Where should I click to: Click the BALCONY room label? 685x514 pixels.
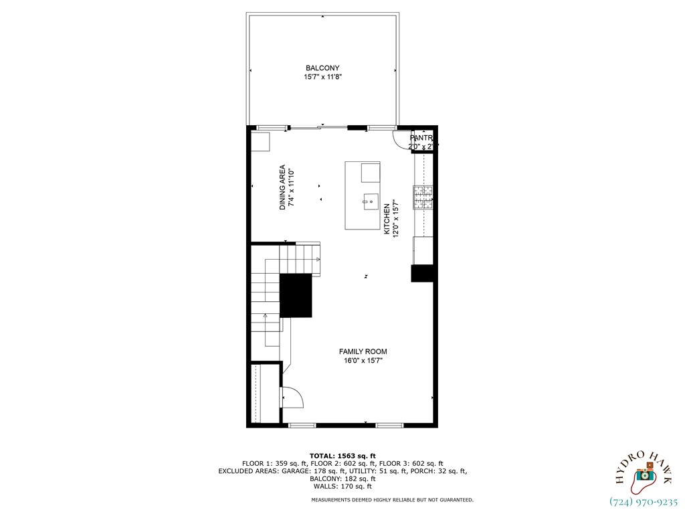pyautogui.click(x=322, y=68)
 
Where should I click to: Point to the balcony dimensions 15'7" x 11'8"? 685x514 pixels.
pyautogui.click(x=322, y=78)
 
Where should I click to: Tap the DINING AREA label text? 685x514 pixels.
pyautogui.click(x=283, y=187)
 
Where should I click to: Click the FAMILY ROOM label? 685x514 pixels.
pyautogui.click(x=363, y=351)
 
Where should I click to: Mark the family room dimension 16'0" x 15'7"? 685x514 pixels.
pyautogui.click(x=363, y=361)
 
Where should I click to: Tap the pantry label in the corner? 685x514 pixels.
pyautogui.click(x=421, y=138)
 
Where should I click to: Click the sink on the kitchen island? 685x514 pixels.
pyautogui.click(x=371, y=201)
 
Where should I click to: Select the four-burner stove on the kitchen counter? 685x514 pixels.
pyautogui.click(x=423, y=196)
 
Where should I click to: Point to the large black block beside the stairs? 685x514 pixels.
pyautogui.click(x=296, y=295)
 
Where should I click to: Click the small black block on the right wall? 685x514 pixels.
pyautogui.click(x=422, y=273)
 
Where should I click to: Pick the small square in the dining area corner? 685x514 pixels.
pyautogui.click(x=260, y=143)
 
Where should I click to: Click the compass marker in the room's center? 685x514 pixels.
pyautogui.click(x=366, y=276)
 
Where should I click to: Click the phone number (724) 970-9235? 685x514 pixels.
pyautogui.click(x=644, y=501)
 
